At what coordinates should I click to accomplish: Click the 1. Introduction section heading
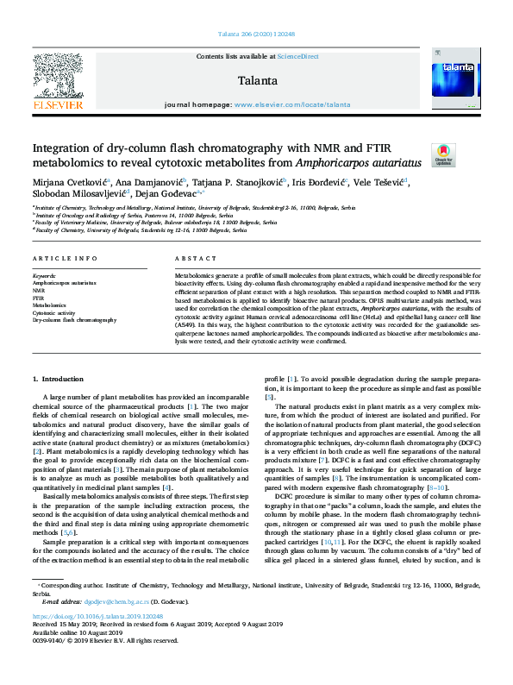pyautogui.click(x=59, y=378)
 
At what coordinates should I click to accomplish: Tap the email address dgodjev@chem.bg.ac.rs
pyautogui.click(x=116, y=600)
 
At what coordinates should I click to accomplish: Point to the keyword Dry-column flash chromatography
pyautogui.click(x=74, y=319)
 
